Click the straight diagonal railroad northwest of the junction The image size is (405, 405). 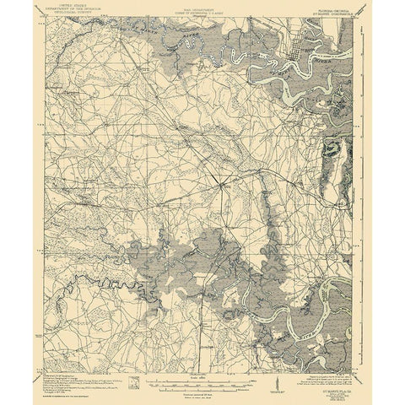(169, 127)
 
